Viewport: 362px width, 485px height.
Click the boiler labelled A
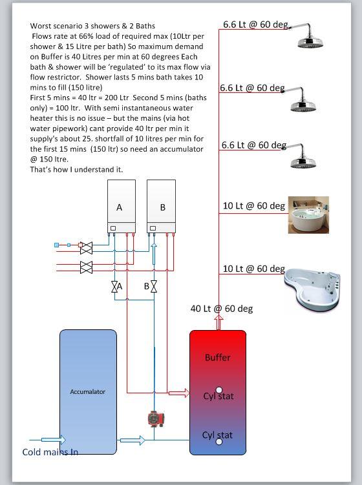click(x=122, y=206)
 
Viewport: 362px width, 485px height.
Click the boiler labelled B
click(x=161, y=206)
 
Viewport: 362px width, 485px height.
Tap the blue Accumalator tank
click(x=88, y=392)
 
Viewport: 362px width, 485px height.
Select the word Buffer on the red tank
click(x=218, y=358)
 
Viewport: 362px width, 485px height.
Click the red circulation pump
click(x=156, y=419)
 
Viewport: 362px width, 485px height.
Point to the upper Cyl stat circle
click(x=219, y=389)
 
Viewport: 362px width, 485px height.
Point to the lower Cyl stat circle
click(x=219, y=441)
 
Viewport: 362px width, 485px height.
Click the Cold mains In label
click(x=50, y=452)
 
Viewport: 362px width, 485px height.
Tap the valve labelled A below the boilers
click(x=114, y=287)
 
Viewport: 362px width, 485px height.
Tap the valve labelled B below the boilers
click(x=154, y=287)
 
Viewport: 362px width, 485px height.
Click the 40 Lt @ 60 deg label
click(x=222, y=309)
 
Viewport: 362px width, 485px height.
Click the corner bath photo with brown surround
click(x=308, y=214)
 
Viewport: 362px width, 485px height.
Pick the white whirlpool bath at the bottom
click(x=312, y=289)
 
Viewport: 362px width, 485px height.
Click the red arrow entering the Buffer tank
click(x=179, y=393)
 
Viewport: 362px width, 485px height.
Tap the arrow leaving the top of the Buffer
click(x=218, y=323)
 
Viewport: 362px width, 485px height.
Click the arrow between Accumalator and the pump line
click(x=133, y=440)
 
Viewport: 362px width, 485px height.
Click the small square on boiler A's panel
click(x=113, y=228)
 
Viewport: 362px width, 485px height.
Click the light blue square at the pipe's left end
click(x=57, y=245)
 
